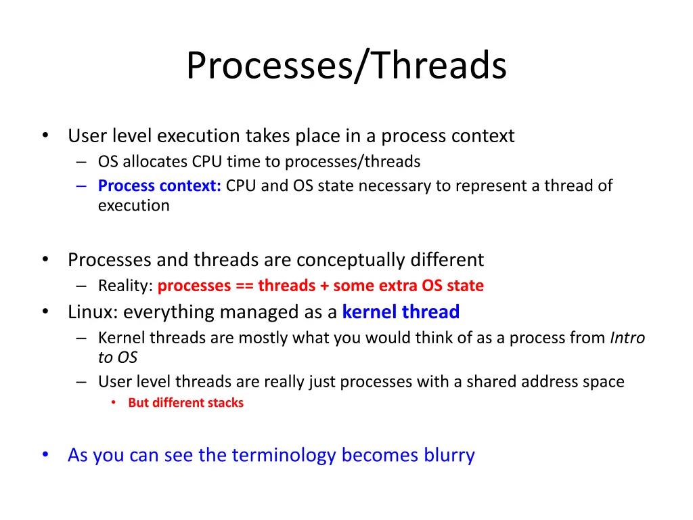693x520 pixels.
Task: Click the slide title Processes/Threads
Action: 346,66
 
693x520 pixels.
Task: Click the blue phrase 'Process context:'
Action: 159,186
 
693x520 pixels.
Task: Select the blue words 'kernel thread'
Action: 401,311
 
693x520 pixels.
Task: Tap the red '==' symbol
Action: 244,286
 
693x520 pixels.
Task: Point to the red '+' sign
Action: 324,286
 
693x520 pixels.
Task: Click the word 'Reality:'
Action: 125,286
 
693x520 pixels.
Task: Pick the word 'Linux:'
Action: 93,311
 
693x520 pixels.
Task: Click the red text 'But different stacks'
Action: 185,403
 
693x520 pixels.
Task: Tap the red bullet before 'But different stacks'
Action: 114,402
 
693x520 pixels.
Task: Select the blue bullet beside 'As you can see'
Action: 45,454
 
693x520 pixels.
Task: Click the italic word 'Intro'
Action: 627,338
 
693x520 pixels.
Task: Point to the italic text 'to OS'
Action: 118,357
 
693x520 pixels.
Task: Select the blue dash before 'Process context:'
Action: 81,186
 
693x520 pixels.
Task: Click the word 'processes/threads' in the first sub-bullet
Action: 352,162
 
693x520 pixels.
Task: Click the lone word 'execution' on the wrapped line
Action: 134,206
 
